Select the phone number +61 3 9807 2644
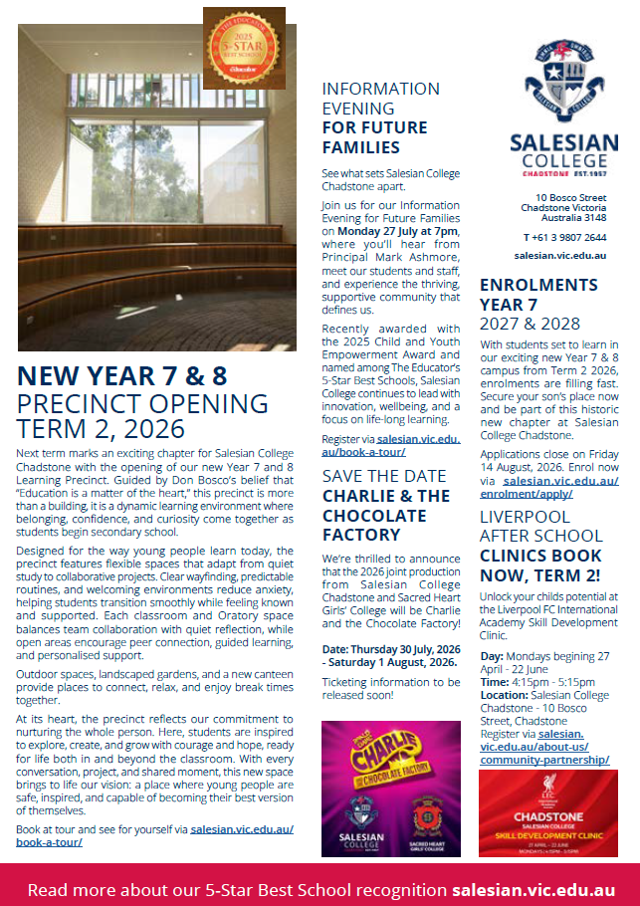(564, 237)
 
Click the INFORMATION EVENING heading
(380, 98)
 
